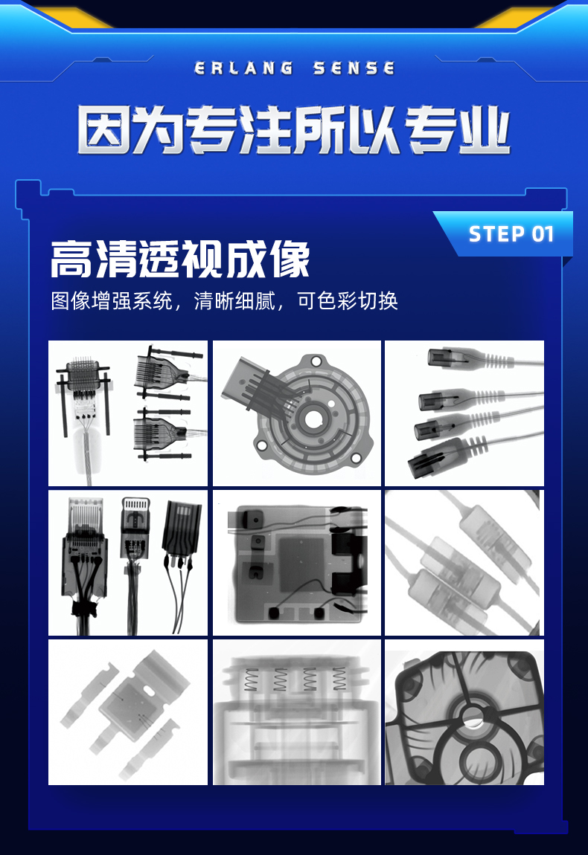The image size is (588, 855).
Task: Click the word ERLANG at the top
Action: click(x=243, y=68)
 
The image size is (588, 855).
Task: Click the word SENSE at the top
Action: click(x=354, y=68)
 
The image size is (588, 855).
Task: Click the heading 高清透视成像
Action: click(x=180, y=259)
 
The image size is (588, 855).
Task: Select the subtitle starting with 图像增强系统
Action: click(x=224, y=301)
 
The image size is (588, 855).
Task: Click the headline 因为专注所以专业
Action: click(x=294, y=130)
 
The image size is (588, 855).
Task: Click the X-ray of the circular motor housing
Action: click(x=296, y=413)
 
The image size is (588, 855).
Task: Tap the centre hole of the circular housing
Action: click(x=313, y=419)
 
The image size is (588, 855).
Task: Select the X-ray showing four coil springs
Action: click(x=296, y=712)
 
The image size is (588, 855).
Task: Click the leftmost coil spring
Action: click(x=251, y=680)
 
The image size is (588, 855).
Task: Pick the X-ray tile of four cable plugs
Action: click(x=464, y=413)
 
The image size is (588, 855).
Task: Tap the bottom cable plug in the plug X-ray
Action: click(x=447, y=457)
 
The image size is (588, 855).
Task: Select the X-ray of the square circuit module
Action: click(x=296, y=563)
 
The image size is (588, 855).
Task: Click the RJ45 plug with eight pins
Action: click(x=85, y=545)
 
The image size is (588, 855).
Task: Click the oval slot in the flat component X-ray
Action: click(x=149, y=690)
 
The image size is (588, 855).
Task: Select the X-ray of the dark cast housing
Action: click(x=464, y=712)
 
